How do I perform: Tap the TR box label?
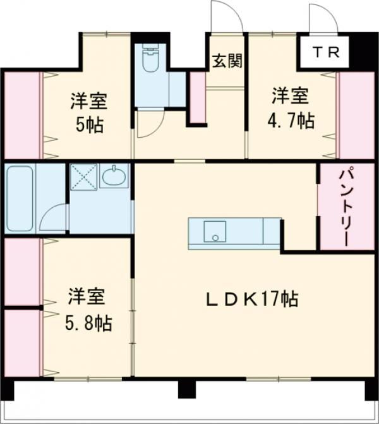point(327,52)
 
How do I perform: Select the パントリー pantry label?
point(346,207)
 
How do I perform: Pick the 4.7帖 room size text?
point(291,120)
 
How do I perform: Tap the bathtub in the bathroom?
point(20,198)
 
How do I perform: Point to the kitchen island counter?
point(234,233)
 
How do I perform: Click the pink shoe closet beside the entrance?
point(198,98)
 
